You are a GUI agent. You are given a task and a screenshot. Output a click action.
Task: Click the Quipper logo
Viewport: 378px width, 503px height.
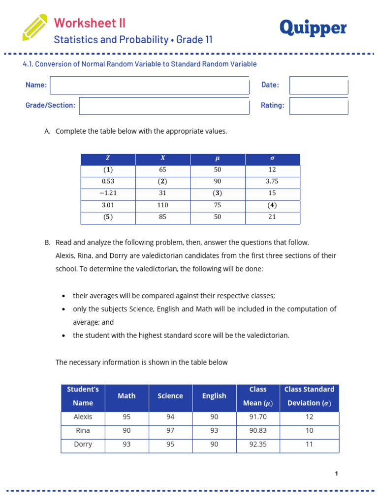click(313, 28)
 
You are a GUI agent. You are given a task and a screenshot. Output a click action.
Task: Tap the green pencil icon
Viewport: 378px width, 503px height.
click(35, 28)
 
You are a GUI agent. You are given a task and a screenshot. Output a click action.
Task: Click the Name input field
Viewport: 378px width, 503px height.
click(150, 85)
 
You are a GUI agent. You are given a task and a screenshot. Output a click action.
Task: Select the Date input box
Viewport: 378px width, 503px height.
click(318, 85)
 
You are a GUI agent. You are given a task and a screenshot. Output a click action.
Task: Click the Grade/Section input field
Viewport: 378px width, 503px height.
click(164, 106)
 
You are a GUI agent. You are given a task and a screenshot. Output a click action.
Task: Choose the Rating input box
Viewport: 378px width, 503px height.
click(318, 106)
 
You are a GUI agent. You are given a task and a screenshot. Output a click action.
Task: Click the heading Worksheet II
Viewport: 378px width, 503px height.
click(90, 23)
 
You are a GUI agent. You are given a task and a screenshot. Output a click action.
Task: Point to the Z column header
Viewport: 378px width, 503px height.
click(108, 158)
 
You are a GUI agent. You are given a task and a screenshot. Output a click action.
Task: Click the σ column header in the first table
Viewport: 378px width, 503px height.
click(272, 158)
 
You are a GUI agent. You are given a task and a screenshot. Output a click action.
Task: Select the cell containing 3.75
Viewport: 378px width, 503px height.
click(272, 181)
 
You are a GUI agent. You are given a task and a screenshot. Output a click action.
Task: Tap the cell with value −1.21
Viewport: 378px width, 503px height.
click(108, 193)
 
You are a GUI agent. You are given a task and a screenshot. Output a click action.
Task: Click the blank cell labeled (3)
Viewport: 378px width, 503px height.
click(218, 193)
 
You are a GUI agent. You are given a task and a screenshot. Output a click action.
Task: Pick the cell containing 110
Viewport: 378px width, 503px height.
click(163, 205)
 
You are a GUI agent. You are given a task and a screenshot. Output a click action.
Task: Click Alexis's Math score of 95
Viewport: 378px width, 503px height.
click(126, 417)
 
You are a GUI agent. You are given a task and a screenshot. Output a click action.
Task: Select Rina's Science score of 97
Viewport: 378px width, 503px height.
click(170, 430)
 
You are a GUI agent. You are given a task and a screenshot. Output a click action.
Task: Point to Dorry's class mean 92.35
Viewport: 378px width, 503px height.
click(258, 444)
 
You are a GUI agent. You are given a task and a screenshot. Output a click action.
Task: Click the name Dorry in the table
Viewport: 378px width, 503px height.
click(83, 444)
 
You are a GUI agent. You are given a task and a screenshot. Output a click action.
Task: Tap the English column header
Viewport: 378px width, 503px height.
click(214, 396)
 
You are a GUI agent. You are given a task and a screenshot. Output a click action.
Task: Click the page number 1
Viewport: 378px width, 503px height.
click(336, 474)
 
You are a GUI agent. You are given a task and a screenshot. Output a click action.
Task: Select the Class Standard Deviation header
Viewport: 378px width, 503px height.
click(309, 396)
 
